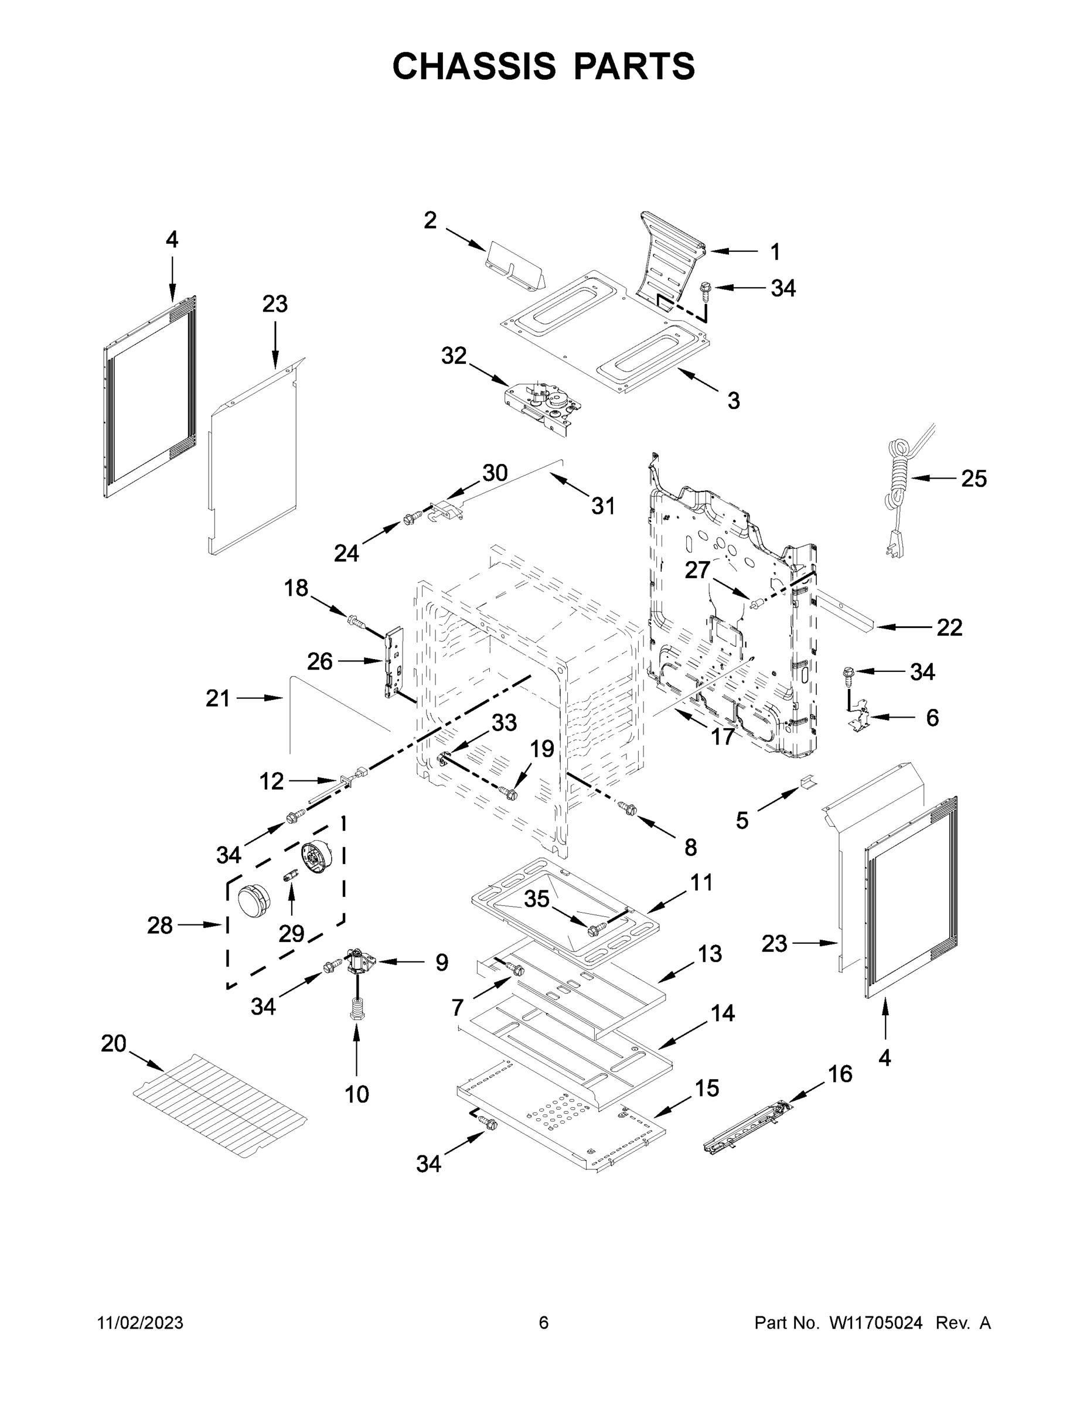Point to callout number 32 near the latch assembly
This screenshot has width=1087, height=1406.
(x=454, y=356)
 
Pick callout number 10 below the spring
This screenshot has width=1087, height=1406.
(x=357, y=1093)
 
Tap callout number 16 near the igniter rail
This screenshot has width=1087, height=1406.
(x=840, y=1074)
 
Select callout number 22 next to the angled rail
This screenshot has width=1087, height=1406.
(x=949, y=627)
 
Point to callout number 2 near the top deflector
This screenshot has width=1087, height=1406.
(x=430, y=221)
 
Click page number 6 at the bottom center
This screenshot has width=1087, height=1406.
(x=544, y=1323)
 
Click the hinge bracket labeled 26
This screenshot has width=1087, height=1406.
(x=393, y=663)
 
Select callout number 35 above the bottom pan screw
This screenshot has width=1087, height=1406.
(x=536, y=899)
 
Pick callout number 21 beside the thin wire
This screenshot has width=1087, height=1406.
(x=217, y=698)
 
